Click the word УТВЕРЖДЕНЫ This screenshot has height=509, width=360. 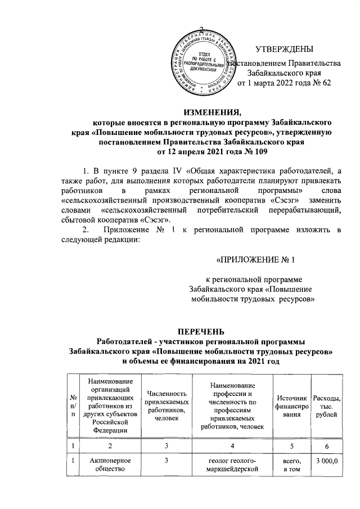click(283, 50)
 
